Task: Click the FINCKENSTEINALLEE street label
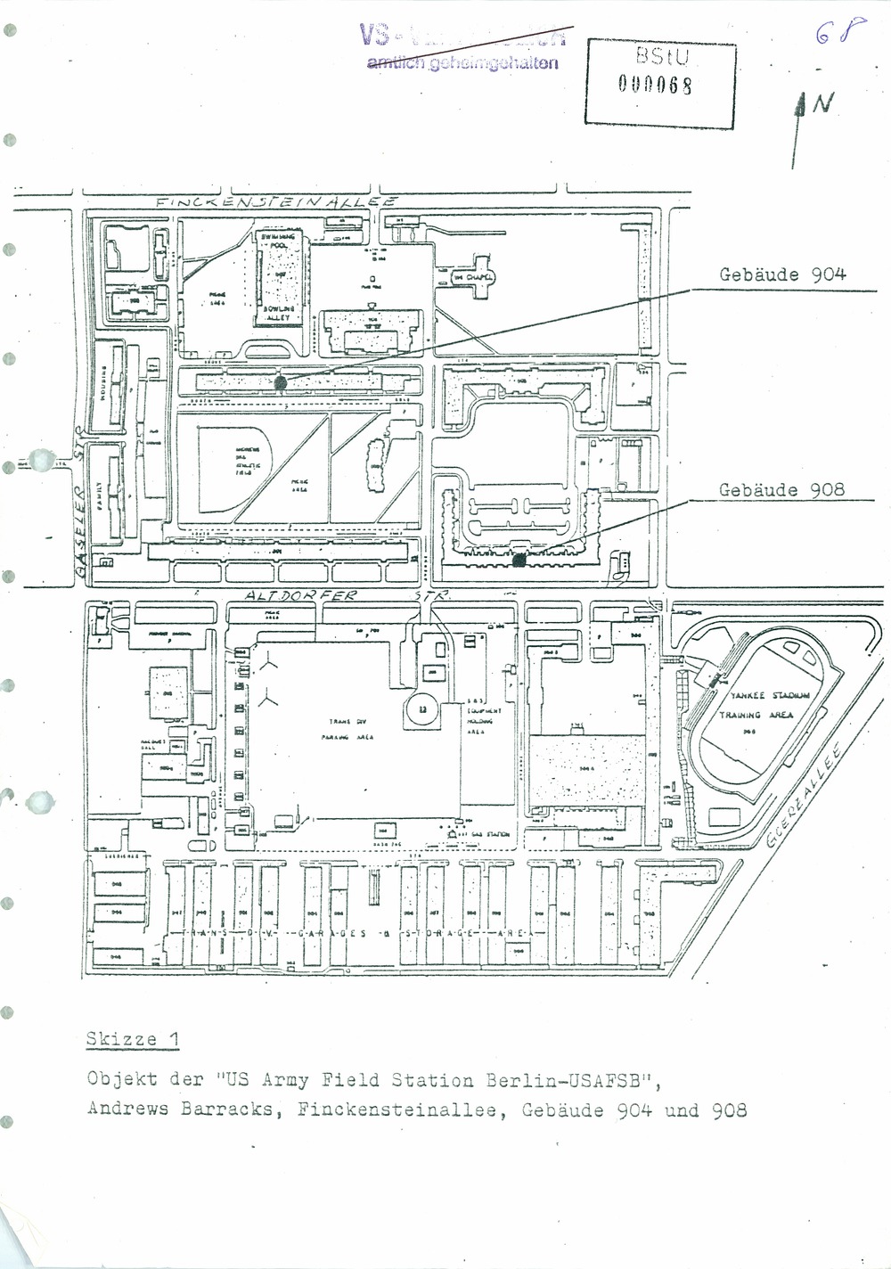point(275,202)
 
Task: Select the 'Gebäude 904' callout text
point(782,275)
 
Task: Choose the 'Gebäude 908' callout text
point(781,490)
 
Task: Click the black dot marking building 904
point(281,381)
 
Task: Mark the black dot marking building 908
point(519,560)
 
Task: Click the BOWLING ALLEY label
point(277,311)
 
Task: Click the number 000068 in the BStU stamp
point(657,86)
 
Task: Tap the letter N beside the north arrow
point(825,105)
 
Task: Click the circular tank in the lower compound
point(421,709)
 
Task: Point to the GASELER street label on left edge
point(78,517)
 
